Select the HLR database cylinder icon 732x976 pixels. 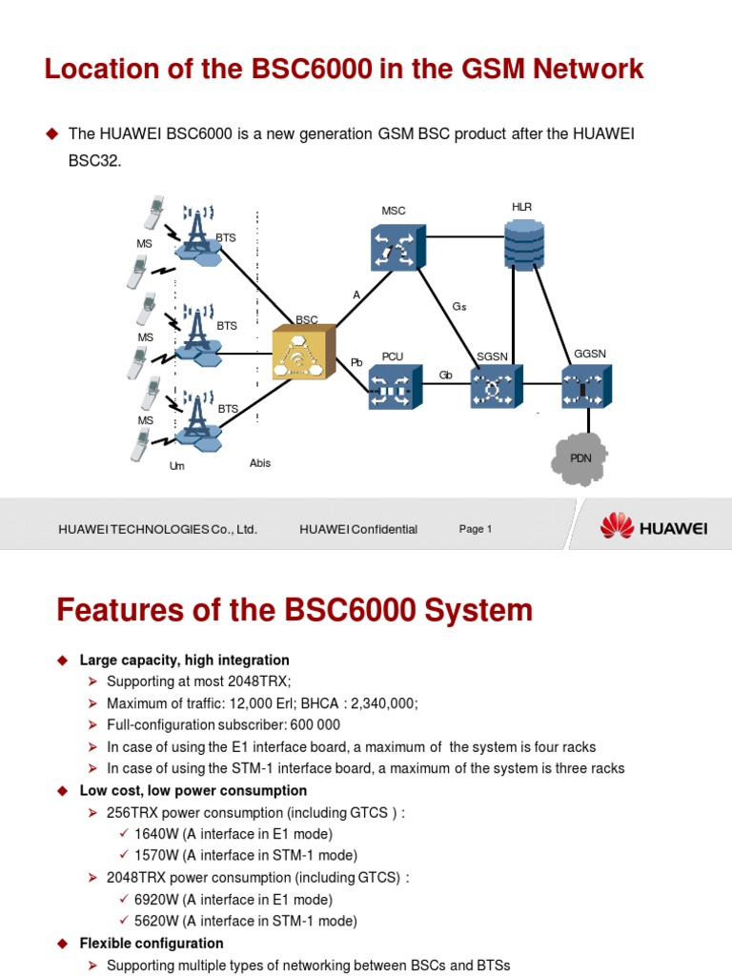tap(523, 244)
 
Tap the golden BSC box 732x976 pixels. tap(303, 354)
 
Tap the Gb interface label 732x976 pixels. tap(445, 375)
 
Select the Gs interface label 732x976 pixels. tap(459, 307)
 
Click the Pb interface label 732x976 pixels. tap(356, 362)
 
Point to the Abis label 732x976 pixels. tap(260, 463)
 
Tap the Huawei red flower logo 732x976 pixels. tap(617, 525)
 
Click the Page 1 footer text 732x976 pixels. tap(475, 529)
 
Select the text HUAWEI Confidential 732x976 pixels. tap(358, 529)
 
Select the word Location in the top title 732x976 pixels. tap(100, 69)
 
